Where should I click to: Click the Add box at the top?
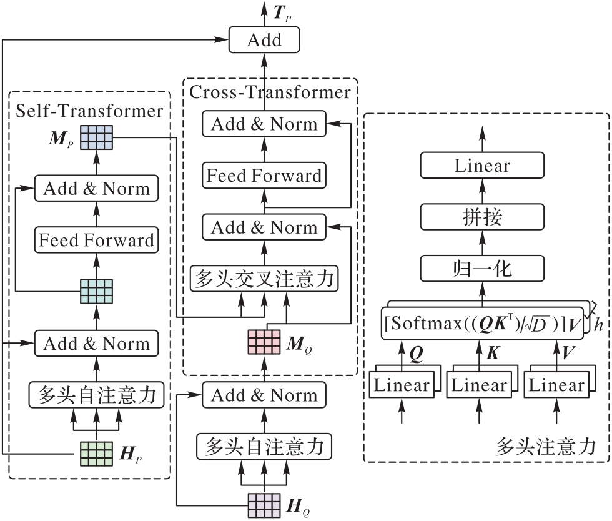[x=264, y=41]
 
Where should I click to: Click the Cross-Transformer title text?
[x=270, y=92]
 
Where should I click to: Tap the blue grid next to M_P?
[x=96, y=137]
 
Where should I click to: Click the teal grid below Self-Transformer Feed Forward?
[x=96, y=290]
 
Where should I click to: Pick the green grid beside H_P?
[x=96, y=453]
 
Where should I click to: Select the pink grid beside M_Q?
[x=264, y=341]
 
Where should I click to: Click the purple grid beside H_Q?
[x=264, y=504]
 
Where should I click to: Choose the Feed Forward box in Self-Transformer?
[x=96, y=240]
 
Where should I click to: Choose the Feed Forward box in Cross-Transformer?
[x=264, y=175]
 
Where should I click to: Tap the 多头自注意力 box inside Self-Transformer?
[x=96, y=395]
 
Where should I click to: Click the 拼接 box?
[x=482, y=217]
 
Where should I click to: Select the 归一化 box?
[x=482, y=269]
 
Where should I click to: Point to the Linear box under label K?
[x=479, y=385]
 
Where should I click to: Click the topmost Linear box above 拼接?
[x=482, y=166]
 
